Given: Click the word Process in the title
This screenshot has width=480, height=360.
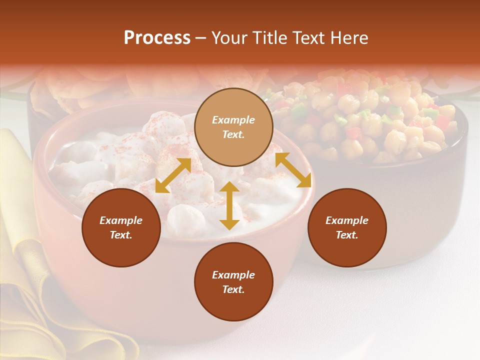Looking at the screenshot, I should (157, 38).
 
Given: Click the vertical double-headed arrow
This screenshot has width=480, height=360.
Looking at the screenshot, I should (229, 205).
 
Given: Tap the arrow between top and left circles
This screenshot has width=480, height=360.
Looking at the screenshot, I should (173, 175).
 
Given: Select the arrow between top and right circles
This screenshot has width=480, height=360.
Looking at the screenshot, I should (293, 170).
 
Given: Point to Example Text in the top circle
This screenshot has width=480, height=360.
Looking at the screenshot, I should (233, 127).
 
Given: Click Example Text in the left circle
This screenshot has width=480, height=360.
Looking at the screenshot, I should (121, 227).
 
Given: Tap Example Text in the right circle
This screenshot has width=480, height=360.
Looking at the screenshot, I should (347, 227).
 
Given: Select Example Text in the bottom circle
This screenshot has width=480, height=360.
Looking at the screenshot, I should (233, 282).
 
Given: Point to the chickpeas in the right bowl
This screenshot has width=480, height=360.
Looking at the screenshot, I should (380, 120).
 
